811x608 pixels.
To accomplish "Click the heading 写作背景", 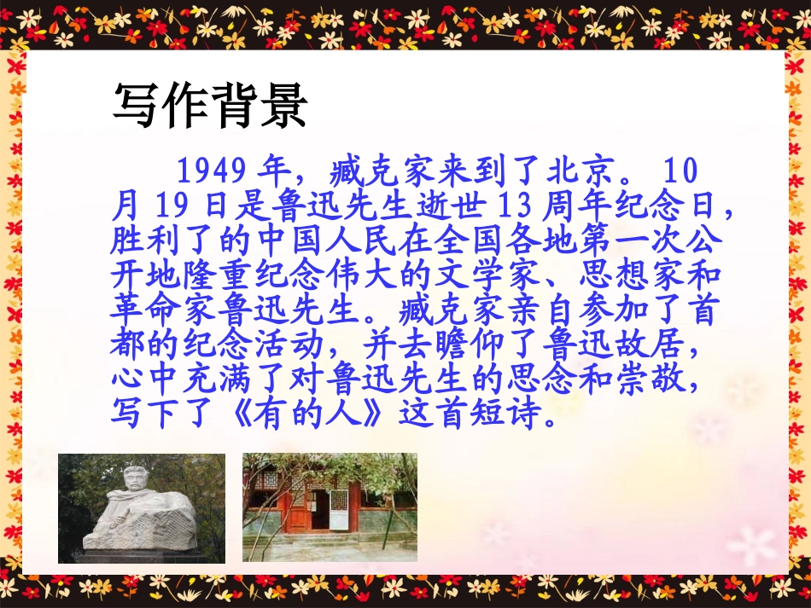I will tap(209, 107).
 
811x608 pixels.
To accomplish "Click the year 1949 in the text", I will tap(213, 171).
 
